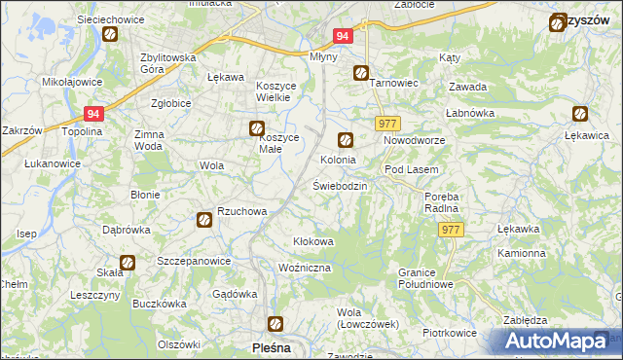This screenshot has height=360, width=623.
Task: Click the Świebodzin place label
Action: (x=339, y=185)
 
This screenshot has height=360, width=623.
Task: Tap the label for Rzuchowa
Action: (x=241, y=210)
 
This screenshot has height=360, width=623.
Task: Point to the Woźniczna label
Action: (x=305, y=267)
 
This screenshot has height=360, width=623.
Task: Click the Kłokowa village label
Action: (x=313, y=241)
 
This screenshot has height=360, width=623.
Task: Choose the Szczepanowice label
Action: (x=194, y=262)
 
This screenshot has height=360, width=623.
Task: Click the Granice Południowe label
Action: (x=426, y=277)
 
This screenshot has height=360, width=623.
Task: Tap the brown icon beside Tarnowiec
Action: (x=361, y=72)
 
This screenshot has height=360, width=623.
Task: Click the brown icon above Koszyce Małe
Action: (x=257, y=126)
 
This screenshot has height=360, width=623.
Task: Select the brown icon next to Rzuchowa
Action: (x=204, y=220)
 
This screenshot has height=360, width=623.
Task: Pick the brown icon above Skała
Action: (x=128, y=262)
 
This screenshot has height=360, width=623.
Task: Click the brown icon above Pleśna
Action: (x=275, y=324)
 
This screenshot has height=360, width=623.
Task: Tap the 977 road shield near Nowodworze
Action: (x=385, y=123)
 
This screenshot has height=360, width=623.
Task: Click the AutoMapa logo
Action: (x=553, y=342)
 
